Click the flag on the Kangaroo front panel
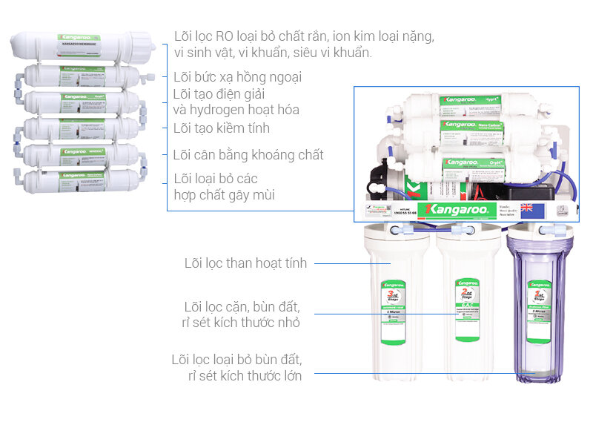coord(526,208)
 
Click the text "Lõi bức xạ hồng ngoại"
coord(237,77)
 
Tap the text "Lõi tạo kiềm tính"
coord(221,128)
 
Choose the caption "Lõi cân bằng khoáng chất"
coord(248,155)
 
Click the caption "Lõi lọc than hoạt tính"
coord(245,263)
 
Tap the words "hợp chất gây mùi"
coord(224,195)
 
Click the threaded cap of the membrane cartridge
coord(144,45)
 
